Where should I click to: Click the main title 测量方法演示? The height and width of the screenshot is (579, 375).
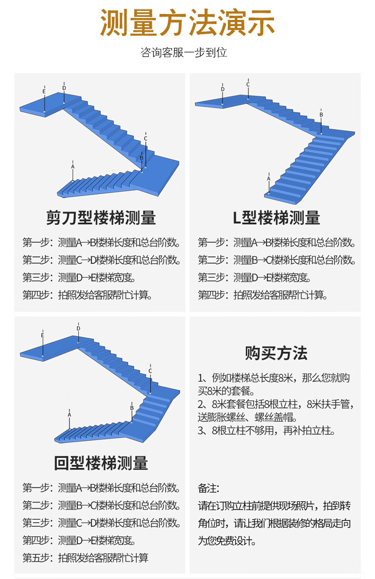tap(187, 22)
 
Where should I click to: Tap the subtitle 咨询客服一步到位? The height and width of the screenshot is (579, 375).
tap(184, 53)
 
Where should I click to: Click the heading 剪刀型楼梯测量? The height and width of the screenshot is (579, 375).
tap(101, 218)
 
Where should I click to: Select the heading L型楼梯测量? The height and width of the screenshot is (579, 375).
tap(276, 218)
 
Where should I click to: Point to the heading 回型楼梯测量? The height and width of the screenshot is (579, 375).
tap(101, 463)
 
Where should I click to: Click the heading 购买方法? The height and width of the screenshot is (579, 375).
tap(276, 353)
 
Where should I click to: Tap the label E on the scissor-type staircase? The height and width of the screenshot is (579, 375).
tap(44, 92)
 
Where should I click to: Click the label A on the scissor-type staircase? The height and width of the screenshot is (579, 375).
tap(73, 167)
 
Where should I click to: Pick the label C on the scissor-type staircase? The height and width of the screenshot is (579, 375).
tap(146, 138)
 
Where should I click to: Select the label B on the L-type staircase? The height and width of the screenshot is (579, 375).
tap(321, 114)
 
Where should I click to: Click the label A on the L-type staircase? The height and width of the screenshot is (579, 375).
tap(269, 179)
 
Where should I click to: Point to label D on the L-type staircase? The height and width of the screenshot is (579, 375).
tap(223, 89)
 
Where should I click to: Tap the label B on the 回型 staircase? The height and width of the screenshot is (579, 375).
tap(132, 408)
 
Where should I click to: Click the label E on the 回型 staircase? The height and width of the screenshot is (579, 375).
tap(43, 335)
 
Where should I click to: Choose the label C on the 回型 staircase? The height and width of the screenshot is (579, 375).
tap(150, 371)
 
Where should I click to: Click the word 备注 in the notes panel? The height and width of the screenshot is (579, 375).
tap(207, 488)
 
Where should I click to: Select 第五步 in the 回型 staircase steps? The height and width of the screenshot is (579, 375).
tap(36, 558)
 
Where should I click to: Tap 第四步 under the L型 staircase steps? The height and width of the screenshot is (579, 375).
tap(211, 294)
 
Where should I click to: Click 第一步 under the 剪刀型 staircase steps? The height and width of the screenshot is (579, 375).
tap(36, 242)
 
